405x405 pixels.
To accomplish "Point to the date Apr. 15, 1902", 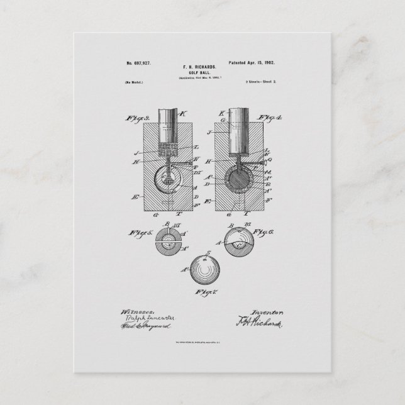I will pos(264,64).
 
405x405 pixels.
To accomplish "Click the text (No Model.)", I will pos(133,83).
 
